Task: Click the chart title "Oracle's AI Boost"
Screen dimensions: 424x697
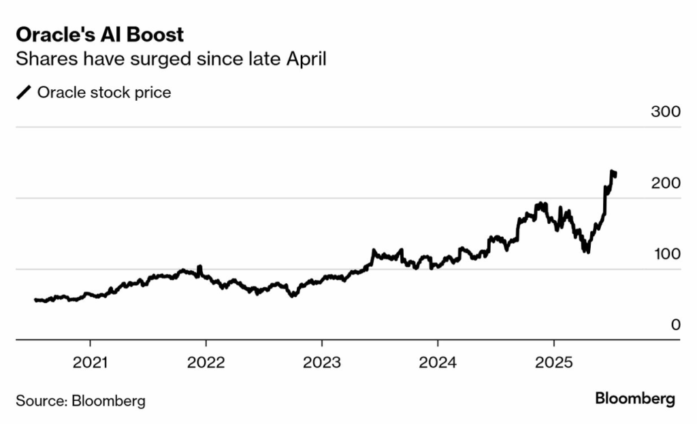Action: click(x=99, y=35)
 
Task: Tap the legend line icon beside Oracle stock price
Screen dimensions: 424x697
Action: click(x=24, y=93)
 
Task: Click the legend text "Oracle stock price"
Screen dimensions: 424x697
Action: click(x=104, y=93)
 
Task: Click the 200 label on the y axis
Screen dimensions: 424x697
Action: click(x=665, y=183)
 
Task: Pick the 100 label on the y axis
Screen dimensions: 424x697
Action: click(x=665, y=254)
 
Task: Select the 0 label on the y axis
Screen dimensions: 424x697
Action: click(x=675, y=325)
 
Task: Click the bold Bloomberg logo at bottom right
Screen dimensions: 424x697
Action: click(x=634, y=399)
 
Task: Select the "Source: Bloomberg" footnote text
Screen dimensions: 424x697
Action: click(x=80, y=400)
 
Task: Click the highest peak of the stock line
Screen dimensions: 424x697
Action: click(x=612, y=172)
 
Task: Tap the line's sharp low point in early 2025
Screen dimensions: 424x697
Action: click(x=586, y=251)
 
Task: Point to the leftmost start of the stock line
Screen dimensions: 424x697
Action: click(x=35, y=299)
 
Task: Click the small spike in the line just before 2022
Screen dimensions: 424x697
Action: click(x=199, y=267)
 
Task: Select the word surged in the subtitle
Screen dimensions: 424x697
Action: click(x=169, y=60)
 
